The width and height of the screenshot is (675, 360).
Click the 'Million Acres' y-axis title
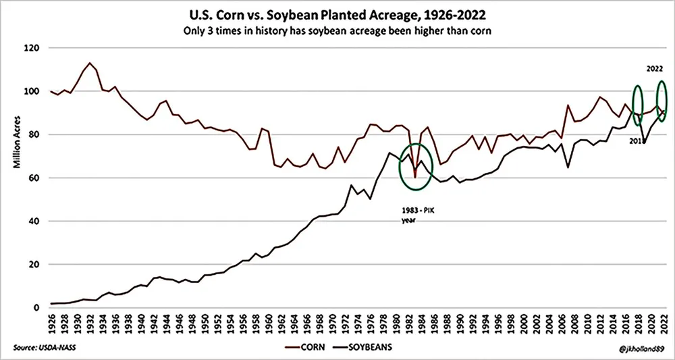click(x=14, y=178)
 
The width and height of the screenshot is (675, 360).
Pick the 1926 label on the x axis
click(x=51, y=322)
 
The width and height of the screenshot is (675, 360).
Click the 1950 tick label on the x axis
click(x=205, y=322)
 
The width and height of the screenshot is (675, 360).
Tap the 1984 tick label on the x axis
click(x=423, y=322)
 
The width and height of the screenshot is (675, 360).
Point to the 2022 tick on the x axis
click(x=666, y=322)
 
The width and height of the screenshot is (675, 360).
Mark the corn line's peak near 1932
click(x=90, y=63)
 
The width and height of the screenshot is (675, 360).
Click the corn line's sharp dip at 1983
click(x=416, y=177)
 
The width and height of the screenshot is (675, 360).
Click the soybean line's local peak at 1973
click(x=352, y=185)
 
